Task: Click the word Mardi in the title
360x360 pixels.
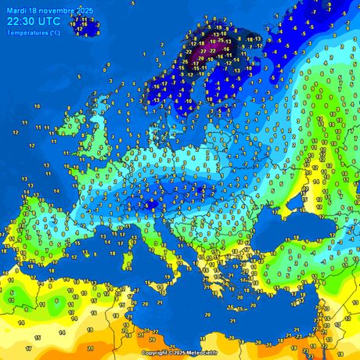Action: click(17, 9)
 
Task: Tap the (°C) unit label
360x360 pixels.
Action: click(52, 33)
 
